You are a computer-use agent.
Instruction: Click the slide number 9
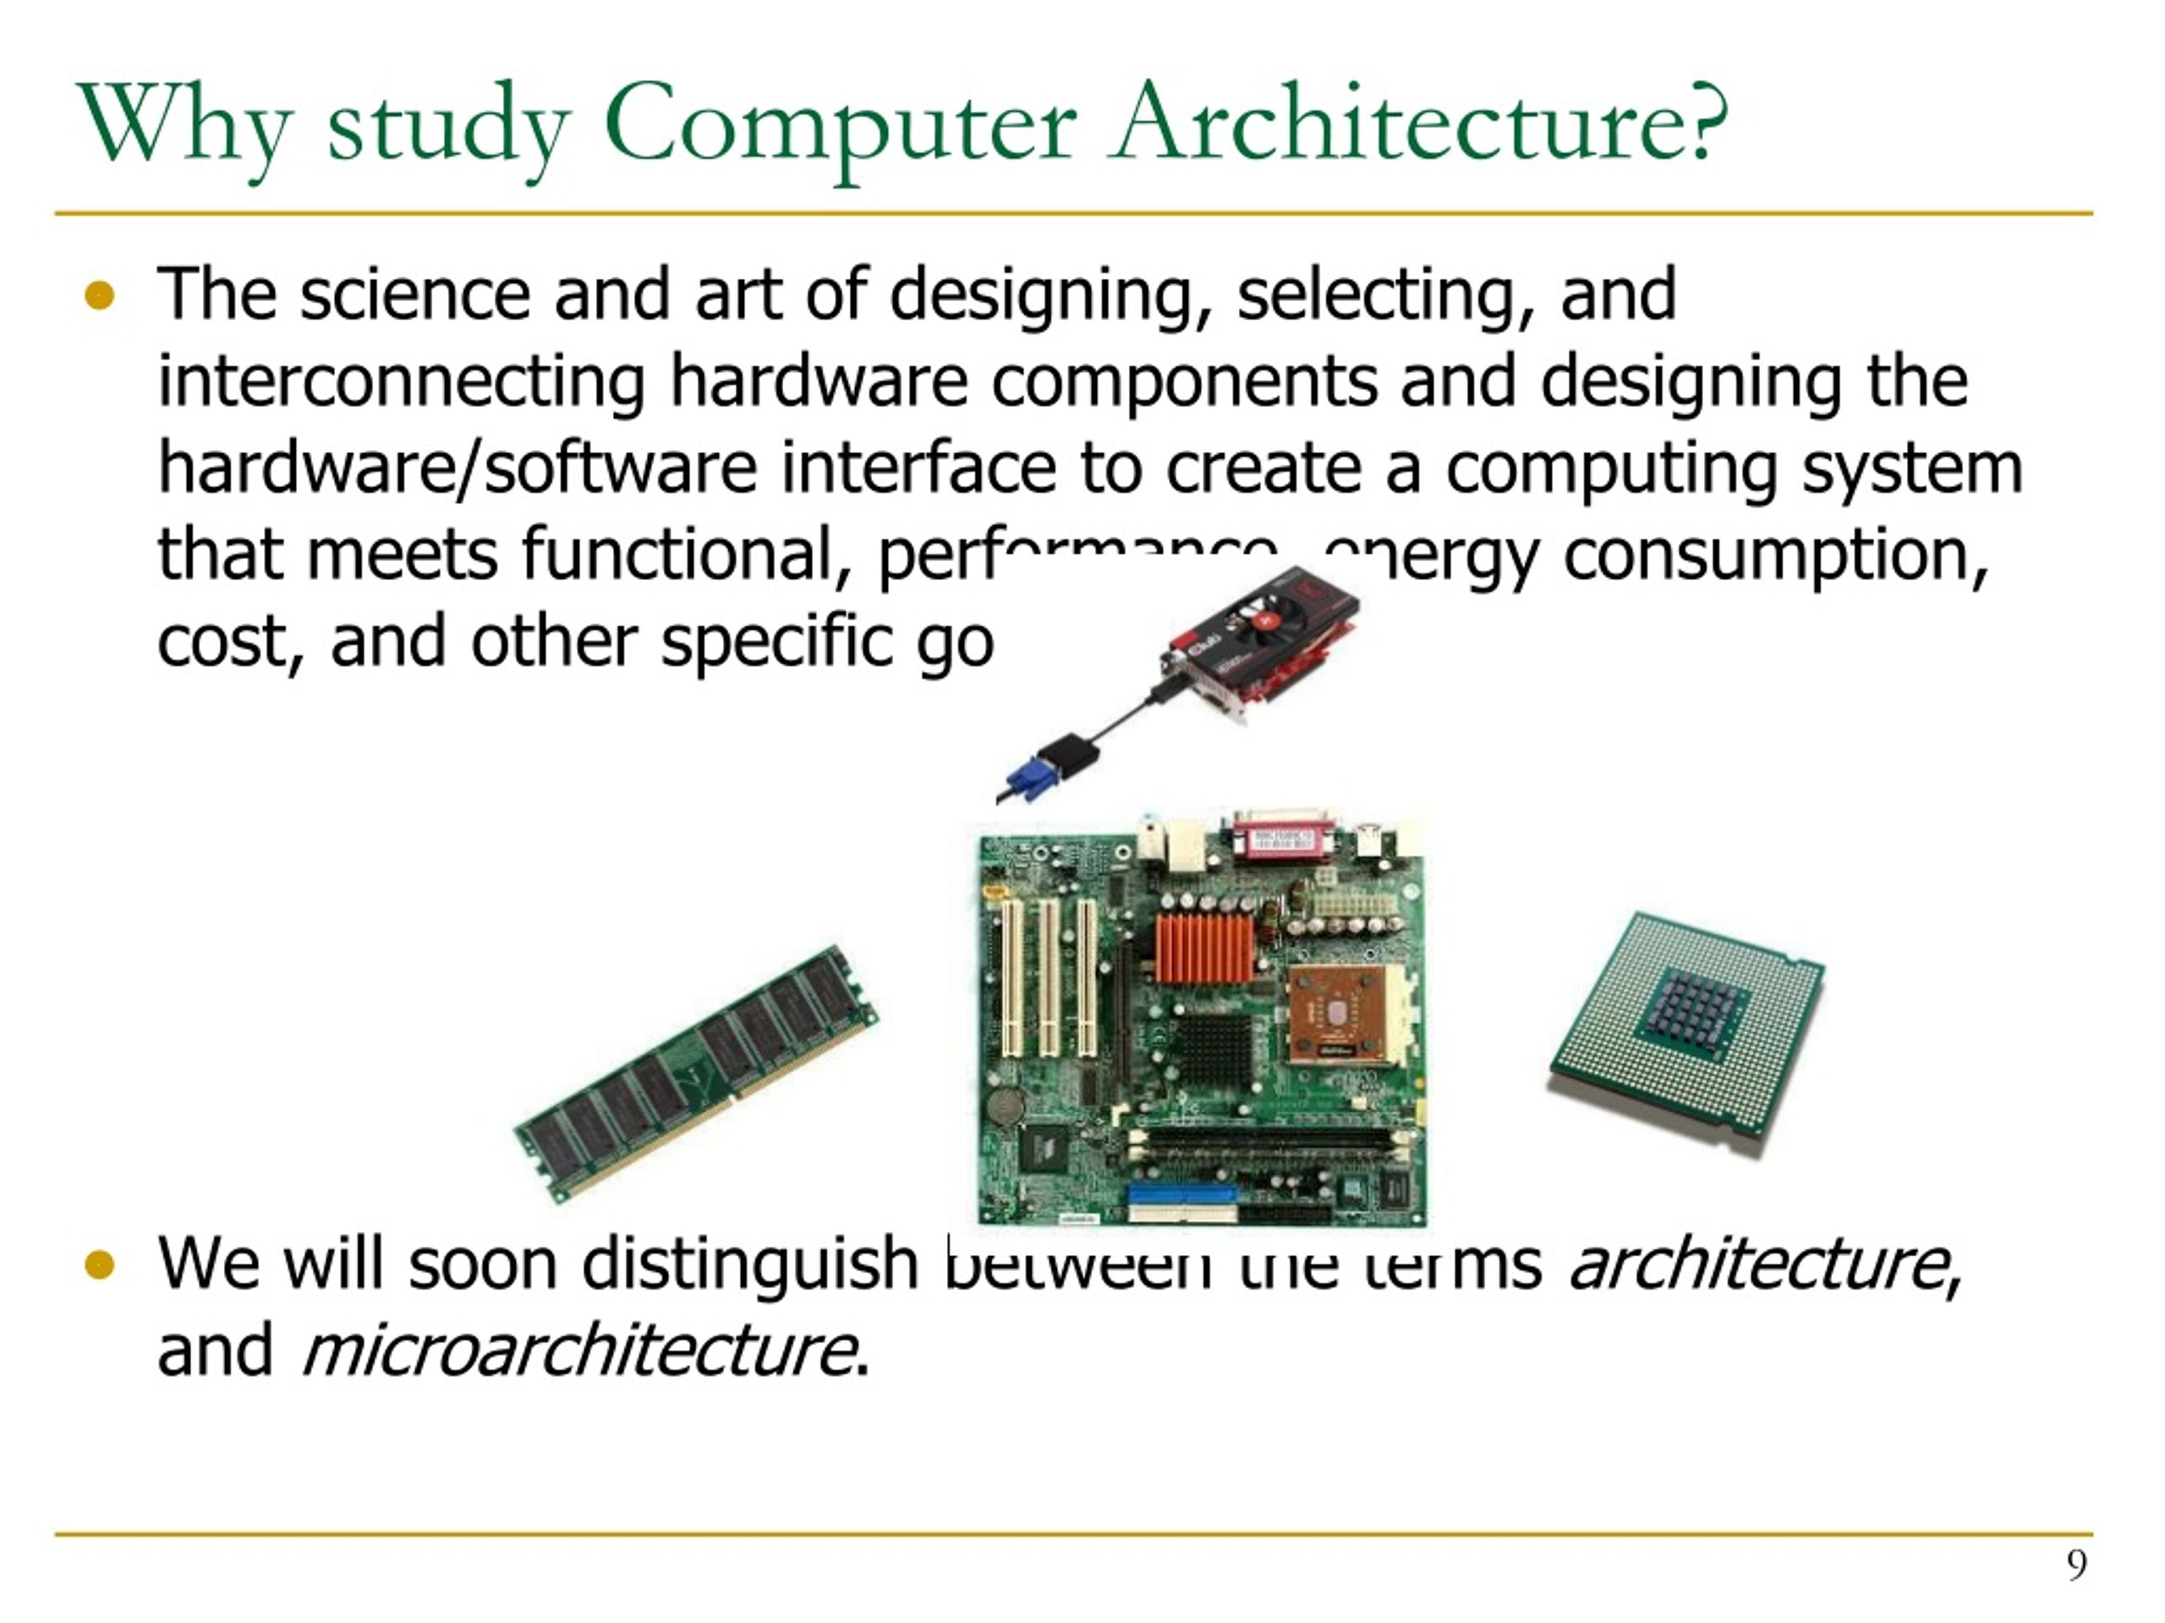coord(2076,1566)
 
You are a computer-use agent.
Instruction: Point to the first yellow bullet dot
coord(100,296)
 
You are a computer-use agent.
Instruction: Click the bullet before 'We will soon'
coord(100,1265)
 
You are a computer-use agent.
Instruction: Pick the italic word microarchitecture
coord(576,1351)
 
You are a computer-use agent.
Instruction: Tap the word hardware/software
coord(457,467)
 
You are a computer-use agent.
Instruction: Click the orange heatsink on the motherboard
coord(1204,947)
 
